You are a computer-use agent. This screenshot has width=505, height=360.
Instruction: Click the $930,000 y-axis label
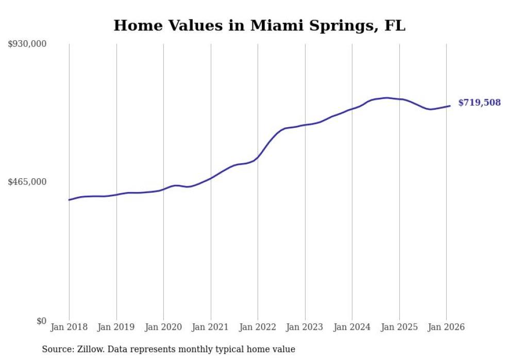point(27,44)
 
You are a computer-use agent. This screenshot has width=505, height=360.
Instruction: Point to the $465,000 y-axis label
point(27,182)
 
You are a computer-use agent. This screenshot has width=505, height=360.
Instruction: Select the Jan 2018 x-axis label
point(69,327)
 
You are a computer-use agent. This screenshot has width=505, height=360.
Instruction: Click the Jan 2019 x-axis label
point(116,327)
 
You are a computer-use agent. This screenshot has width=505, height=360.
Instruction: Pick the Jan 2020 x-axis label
point(163,327)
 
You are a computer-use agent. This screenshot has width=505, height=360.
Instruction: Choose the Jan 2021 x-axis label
point(210,327)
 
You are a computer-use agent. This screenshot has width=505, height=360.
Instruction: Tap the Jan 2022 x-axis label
point(258,327)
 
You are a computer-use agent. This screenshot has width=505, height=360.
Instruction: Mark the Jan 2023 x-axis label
point(305,327)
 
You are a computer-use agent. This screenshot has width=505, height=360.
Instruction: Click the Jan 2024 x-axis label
point(352,327)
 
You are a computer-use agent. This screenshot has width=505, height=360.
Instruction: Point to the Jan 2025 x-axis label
point(399,327)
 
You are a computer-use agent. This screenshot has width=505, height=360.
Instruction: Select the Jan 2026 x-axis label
point(446,327)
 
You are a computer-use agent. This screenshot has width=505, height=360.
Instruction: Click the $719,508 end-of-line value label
point(479,102)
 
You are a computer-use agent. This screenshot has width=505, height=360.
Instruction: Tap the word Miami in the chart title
point(274,26)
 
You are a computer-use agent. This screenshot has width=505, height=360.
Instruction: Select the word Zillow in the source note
point(89,349)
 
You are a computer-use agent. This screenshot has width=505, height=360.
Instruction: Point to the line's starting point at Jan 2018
point(69,200)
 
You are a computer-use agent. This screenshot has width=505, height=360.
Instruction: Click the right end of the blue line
point(450,106)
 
